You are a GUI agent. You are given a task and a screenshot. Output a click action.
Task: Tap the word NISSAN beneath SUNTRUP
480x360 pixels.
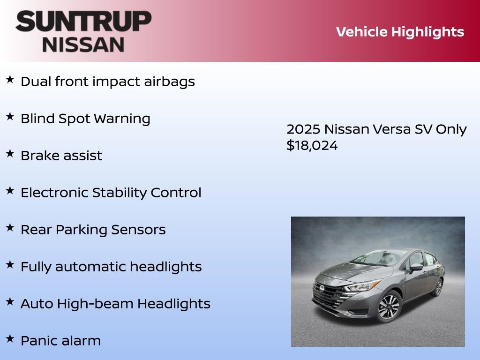coord(83,45)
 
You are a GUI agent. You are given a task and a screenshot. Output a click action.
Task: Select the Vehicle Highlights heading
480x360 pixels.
coord(400,32)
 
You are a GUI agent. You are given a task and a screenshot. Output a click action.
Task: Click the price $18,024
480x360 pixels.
coord(312,145)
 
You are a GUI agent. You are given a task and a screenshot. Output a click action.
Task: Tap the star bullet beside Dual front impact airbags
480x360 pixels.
coord(10,79)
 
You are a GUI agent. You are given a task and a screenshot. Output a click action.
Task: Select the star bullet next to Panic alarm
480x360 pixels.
coord(10,338)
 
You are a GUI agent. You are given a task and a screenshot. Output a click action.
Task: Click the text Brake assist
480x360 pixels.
coord(61,156)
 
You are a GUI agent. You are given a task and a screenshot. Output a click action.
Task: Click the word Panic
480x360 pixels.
coord(37,341)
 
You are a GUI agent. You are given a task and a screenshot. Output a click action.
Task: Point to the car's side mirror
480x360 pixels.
coord(415,268)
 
